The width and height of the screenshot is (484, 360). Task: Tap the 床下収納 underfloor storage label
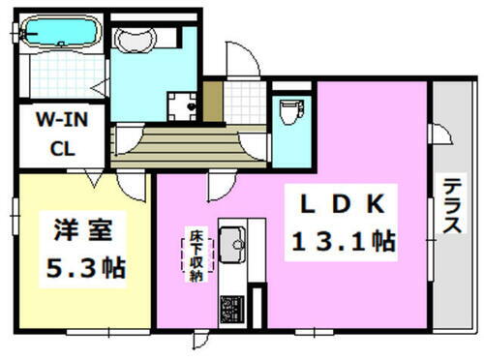click(194, 254)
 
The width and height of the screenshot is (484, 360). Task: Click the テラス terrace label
click(452, 206)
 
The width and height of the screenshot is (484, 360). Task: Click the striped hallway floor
click(174, 146)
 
